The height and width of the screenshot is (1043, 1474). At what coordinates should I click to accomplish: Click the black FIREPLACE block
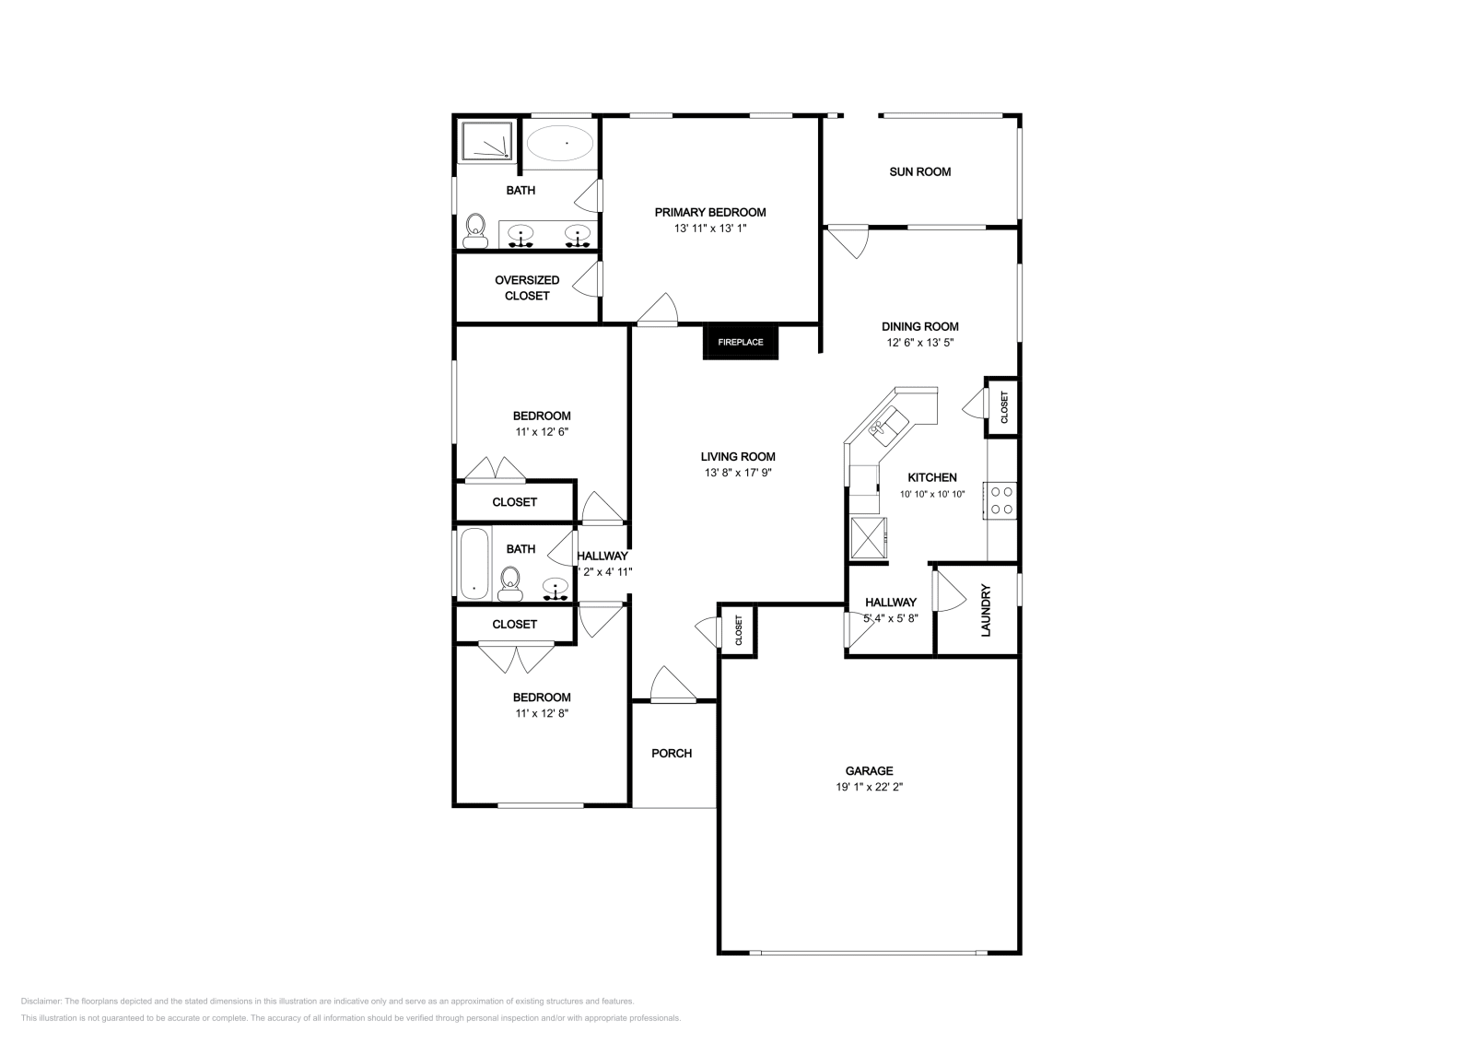coord(741,342)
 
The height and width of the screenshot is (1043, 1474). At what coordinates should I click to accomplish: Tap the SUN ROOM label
coord(919,171)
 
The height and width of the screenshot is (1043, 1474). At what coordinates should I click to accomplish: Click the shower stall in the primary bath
coord(485,141)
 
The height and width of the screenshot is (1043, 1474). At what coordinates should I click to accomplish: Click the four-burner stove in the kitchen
coord(1001,500)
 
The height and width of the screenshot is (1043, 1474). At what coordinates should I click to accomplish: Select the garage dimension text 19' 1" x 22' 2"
coord(869,788)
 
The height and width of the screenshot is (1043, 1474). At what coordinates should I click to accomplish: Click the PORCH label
coord(672,753)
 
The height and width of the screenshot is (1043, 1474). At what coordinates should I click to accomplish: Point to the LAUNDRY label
coord(985,610)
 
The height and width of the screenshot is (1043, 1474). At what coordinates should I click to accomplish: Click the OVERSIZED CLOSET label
coord(527,287)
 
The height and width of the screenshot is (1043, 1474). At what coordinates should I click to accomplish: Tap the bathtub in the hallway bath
coord(473,563)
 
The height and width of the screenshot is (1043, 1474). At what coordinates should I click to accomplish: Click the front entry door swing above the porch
coord(671,686)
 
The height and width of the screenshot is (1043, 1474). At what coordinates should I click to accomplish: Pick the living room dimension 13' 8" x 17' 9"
coord(737,473)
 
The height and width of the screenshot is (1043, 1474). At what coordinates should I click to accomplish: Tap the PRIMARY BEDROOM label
coord(709,212)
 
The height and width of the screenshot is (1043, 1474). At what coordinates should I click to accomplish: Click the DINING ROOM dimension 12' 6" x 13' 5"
coord(919,343)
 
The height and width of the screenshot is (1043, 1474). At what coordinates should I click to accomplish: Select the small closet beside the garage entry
coord(738,631)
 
